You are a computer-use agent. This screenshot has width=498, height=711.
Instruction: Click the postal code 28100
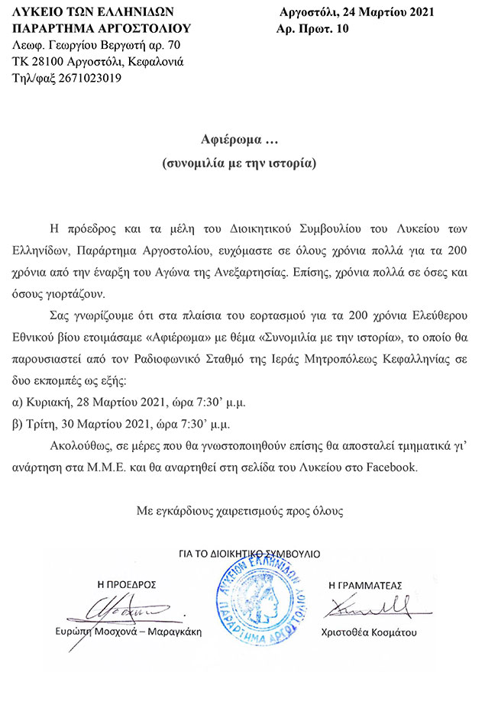point(47,62)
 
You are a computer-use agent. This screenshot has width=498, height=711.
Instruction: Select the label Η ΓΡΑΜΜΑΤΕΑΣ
point(364,584)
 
